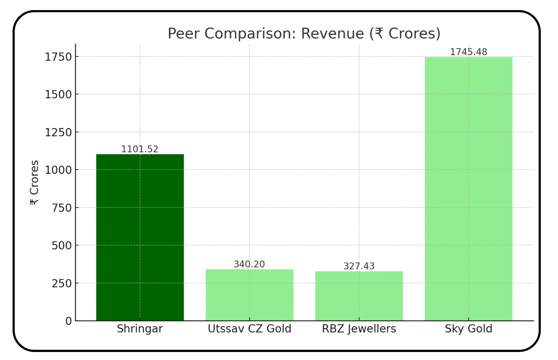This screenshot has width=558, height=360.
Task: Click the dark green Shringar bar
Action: coord(140,237)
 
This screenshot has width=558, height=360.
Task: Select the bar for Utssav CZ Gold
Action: coord(249,295)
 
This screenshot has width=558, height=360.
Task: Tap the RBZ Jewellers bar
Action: coord(359,296)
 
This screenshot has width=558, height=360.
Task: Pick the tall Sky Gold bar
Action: coord(468,188)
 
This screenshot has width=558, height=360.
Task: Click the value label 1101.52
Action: coord(140,149)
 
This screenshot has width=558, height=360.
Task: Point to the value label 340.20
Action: coord(249,264)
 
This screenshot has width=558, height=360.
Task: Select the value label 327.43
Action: coord(359,266)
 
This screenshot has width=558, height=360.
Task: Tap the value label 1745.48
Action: coord(468,52)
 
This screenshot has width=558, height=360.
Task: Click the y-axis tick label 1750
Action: coord(58,57)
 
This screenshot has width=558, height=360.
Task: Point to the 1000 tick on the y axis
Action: coord(58,170)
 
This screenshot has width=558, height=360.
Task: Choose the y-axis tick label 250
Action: coord(62,283)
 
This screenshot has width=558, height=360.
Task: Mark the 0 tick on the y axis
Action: coord(69,321)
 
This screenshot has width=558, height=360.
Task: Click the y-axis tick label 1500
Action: coord(58,95)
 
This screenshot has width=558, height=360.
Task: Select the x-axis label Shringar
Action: coord(140,329)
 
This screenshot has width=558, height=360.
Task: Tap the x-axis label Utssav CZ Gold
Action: coord(249,329)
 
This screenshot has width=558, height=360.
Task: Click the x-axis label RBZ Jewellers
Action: coord(359,329)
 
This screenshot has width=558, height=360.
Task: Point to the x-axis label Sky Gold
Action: coord(468,329)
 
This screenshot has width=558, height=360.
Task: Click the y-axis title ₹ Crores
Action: coord(34,182)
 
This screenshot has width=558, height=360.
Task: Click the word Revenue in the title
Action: coord(332,33)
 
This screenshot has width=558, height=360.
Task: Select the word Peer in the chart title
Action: coord(183,33)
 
